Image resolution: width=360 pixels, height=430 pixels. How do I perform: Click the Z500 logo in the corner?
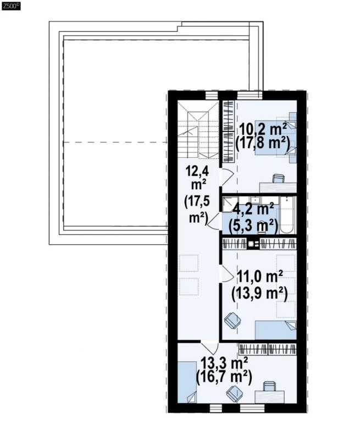[11, 5]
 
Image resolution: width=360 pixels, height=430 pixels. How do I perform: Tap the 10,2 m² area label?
[263, 129]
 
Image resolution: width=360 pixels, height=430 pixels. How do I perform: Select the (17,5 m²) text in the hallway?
[197, 210]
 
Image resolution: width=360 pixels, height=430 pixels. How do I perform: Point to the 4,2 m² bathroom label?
[253, 210]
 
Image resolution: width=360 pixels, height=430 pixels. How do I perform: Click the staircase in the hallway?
[198, 129]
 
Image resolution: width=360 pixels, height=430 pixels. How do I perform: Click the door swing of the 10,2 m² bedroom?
[226, 177]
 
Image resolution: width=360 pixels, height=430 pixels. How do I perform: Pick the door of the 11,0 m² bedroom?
[226, 273]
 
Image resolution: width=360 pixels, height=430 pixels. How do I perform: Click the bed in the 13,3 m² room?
[187, 382]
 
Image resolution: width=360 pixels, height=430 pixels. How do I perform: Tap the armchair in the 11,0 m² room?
[232, 321]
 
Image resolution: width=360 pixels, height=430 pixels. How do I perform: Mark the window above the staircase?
[212, 95]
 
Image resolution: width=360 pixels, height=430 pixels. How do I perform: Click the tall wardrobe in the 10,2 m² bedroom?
[228, 132]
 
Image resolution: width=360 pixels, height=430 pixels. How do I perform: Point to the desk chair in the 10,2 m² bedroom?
[278, 179]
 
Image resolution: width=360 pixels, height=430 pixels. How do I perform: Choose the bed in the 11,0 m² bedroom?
[276, 330]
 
